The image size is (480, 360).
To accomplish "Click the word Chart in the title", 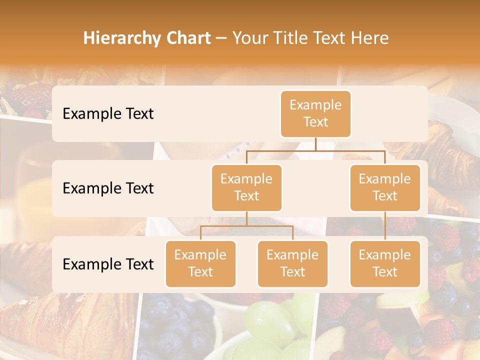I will tap(186, 38).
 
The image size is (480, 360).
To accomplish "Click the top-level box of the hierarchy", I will tap(315, 113).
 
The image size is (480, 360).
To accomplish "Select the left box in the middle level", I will tap(246, 187).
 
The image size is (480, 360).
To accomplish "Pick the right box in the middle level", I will tap(385, 187).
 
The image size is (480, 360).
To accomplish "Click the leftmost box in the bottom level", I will tap(200, 263).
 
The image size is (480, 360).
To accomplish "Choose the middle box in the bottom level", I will tap(292, 263).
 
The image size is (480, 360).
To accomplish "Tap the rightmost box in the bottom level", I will tap(385, 263).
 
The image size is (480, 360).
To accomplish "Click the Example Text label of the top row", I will tap(108, 114).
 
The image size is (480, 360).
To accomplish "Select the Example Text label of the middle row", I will tap(108, 188).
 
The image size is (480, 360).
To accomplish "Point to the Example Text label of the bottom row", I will tap(108, 264).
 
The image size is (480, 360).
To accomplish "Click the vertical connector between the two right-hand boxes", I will tap(385, 226).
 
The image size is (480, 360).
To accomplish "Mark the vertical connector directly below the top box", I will tap(315, 144).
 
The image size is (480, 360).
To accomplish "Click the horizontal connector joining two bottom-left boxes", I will tap(246, 226).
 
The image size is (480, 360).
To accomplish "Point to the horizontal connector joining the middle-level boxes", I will tap(315, 150).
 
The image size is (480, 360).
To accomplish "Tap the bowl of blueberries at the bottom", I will tap(175, 325).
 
